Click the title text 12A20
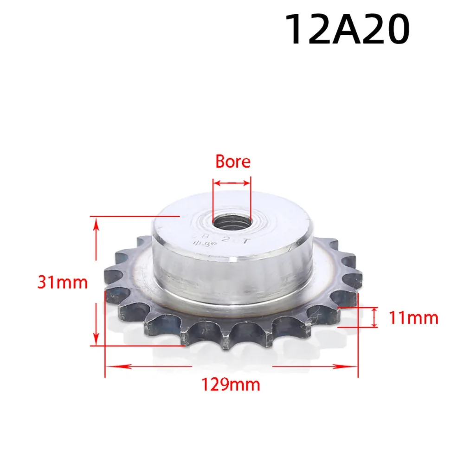pyautogui.click(x=347, y=29)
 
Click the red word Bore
pyautogui.click(x=232, y=161)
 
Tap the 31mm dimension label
pyautogui.click(x=63, y=282)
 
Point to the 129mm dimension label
pyautogui.click(x=230, y=385)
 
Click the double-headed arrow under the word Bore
pyautogui.click(x=232, y=184)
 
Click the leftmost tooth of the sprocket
pyautogui.click(x=111, y=297)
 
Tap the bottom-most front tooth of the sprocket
pyautogui.click(x=226, y=341)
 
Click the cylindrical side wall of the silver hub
pyautogui.click(x=232, y=278)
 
